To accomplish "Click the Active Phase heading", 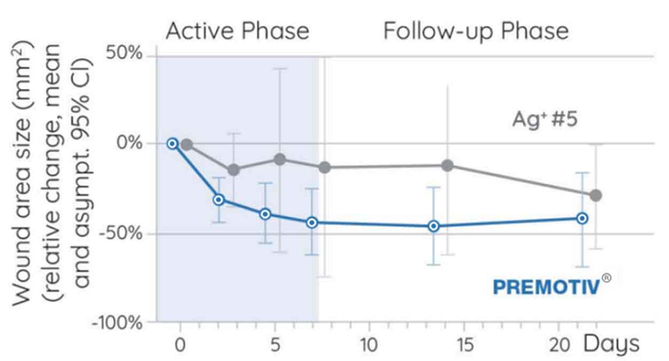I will click(x=237, y=31).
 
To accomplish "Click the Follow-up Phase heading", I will click(x=476, y=31).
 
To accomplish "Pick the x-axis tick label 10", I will click(x=369, y=345).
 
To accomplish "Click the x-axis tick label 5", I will click(x=275, y=345).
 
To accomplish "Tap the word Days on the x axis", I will click(x=611, y=344).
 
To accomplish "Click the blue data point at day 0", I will click(x=172, y=143).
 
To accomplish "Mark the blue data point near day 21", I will click(x=582, y=218).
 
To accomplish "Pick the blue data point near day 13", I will click(x=434, y=226).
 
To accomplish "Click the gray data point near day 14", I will click(x=447, y=166).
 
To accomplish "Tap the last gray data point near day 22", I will click(x=596, y=195).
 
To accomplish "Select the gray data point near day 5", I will click(x=280, y=159).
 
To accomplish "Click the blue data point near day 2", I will click(x=218, y=200).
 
